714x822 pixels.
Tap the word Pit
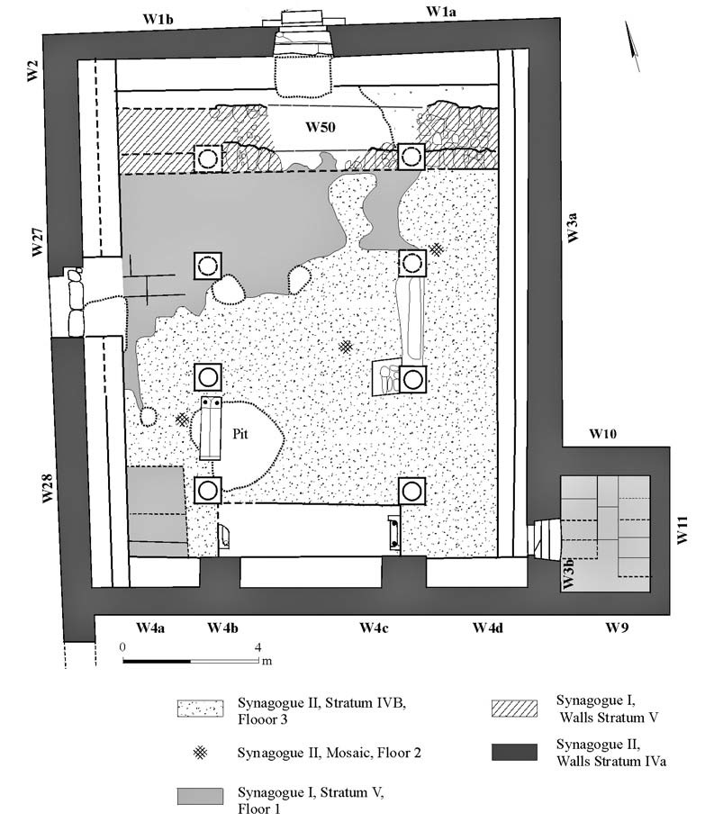(240, 433)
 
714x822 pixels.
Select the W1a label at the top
(443, 11)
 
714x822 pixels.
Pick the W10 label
(603, 434)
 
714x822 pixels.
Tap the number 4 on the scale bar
(259, 647)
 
